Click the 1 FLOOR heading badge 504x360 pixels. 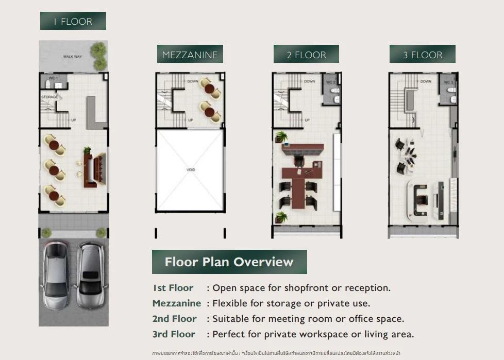point(73,21)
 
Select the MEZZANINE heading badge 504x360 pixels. point(190,55)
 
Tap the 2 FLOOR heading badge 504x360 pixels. point(306,55)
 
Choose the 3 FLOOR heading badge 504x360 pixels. point(422,55)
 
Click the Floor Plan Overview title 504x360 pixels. point(229,262)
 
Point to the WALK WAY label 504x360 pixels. point(73,57)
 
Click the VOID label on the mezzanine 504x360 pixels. point(191,169)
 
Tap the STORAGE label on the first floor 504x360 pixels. point(49,97)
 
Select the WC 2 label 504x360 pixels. point(331,82)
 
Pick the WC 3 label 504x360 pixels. point(448,82)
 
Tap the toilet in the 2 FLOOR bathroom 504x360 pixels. point(335,93)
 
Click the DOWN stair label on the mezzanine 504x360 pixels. point(193,81)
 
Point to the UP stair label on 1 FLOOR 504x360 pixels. point(74,120)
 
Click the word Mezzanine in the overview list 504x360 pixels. point(177,303)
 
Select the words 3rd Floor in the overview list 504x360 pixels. point(174,334)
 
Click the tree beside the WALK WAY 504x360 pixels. point(99,55)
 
